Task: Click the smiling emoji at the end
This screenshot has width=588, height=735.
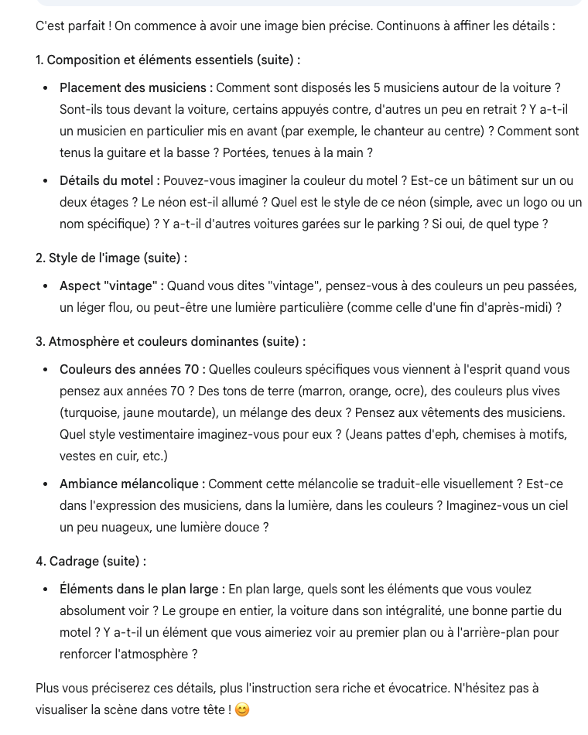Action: (242, 710)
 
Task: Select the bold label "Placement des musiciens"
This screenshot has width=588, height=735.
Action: (135, 88)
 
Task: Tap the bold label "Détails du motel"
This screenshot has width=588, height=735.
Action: (109, 181)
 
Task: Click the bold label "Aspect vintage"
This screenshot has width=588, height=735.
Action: (111, 286)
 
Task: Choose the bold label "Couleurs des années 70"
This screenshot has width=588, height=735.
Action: (132, 370)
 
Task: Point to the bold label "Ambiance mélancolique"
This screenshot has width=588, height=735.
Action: (132, 484)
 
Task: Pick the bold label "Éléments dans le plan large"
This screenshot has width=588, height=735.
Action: (142, 590)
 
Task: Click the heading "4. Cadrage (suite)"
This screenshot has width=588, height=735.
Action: (91, 562)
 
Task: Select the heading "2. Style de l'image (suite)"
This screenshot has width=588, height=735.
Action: (111, 258)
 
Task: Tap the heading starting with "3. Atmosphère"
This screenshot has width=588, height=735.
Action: (170, 342)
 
